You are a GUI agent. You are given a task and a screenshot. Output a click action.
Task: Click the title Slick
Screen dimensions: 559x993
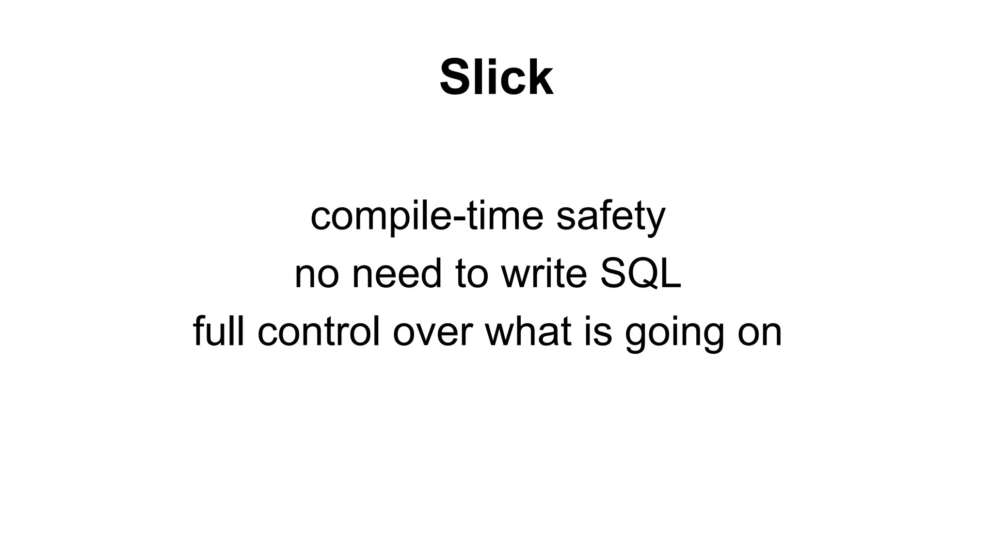pos(496,78)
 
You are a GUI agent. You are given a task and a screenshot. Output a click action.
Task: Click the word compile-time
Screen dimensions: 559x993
pos(427,217)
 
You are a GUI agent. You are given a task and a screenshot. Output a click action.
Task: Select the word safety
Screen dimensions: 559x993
pos(611,217)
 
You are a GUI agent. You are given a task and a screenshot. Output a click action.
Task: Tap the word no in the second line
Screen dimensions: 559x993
pos(316,274)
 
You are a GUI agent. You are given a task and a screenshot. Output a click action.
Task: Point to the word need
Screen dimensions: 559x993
pos(397,274)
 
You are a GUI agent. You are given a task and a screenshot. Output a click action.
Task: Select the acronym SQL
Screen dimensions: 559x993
pos(641,274)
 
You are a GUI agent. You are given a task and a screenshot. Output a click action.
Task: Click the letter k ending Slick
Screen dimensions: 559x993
pos(540,78)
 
